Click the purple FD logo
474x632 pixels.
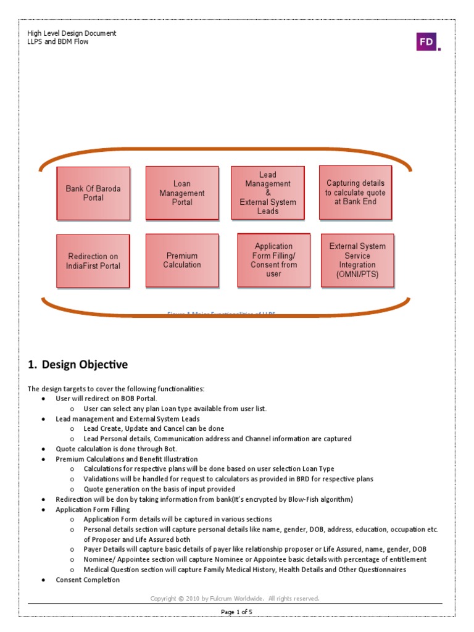pyautogui.click(x=426, y=41)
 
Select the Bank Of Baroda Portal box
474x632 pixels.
pyautogui.click(x=93, y=193)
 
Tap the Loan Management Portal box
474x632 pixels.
pyautogui.click(x=182, y=193)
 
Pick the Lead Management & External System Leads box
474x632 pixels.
pyautogui.click(x=268, y=193)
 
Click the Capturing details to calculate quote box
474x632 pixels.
pyautogui.click(x=355, y=193)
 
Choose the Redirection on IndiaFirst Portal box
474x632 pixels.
pyautogui.click(x=93, y=261)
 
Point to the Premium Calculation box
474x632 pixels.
pyautogui.click(x=182, y=260)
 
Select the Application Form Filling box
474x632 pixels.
pyautogui.click(x=273, y=260)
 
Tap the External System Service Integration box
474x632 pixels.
pyautogui.click(x=357, y=260)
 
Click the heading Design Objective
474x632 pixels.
pyautogui.click(x=78, y=365)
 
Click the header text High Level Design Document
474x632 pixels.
pyautogui.click(x=72, y=33)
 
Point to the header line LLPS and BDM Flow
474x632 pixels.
pyautogui.click(x=58, y=41)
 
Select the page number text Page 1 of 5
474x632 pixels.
pyautogui.click(x=237, y=612)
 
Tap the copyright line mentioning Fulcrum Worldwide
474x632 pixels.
pyautogui.click(x=235, y=598)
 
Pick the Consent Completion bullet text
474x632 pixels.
pyautogui.click(x=88, y=580)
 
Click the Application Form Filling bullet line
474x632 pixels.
pyautogui.click(x=93, y=509)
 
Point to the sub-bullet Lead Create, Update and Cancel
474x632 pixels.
pyautogui.click(x=154, y=428)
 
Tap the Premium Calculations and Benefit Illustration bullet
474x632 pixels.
pyautogui.click(x=127, y=459)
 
